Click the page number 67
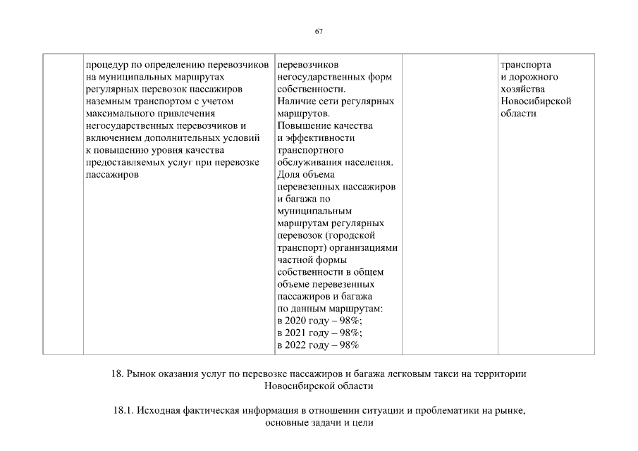[319, 32]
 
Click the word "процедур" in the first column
[104, 64]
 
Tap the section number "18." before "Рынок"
[118, 373]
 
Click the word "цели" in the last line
[362, 423]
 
